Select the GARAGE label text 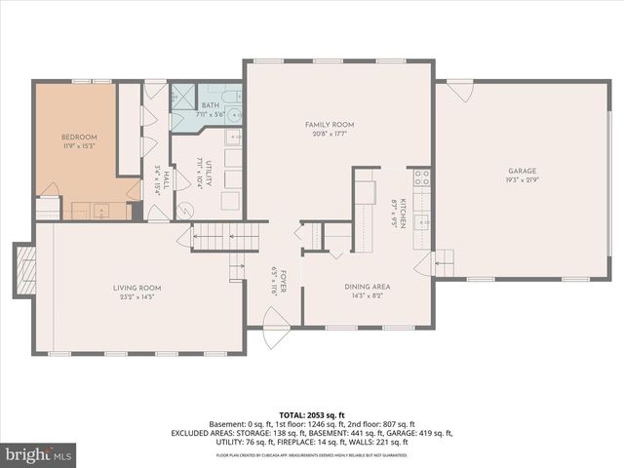(x=522, y=170)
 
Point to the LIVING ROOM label (x=137, y=288)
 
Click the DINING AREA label (x=368, y=287)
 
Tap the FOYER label (x=280, y=281)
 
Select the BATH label (x=211, y=105)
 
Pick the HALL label (x=167, y=181)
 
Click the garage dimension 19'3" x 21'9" (x=522, y=179)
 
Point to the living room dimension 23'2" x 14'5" (x=137, y=297)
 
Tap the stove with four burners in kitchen (x=422, y=177)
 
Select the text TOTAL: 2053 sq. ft (x=313, y=414)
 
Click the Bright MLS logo (x=39, y=454)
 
